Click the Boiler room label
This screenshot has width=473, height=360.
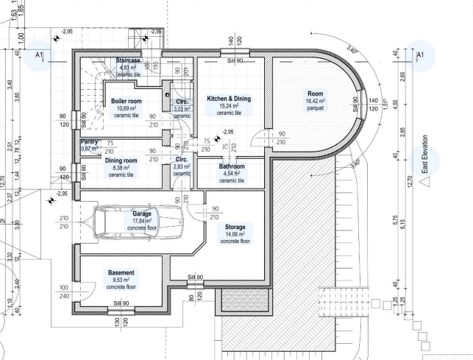pos(125,101)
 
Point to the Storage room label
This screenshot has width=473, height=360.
pos(235,227)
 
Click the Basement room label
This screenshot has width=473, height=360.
pos(121,272)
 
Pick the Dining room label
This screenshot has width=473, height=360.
pos(121,160)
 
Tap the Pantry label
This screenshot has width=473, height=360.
pos(89,141)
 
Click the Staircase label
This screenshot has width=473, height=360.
pos(133,60)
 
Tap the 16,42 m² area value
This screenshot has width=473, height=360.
pos(315,102)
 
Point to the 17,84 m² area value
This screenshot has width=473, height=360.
pos(141,220)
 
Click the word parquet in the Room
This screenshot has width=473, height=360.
pos(315,108)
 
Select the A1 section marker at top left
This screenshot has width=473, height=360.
pos(40,54)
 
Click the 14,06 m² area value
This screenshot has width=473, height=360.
pos(235,234)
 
